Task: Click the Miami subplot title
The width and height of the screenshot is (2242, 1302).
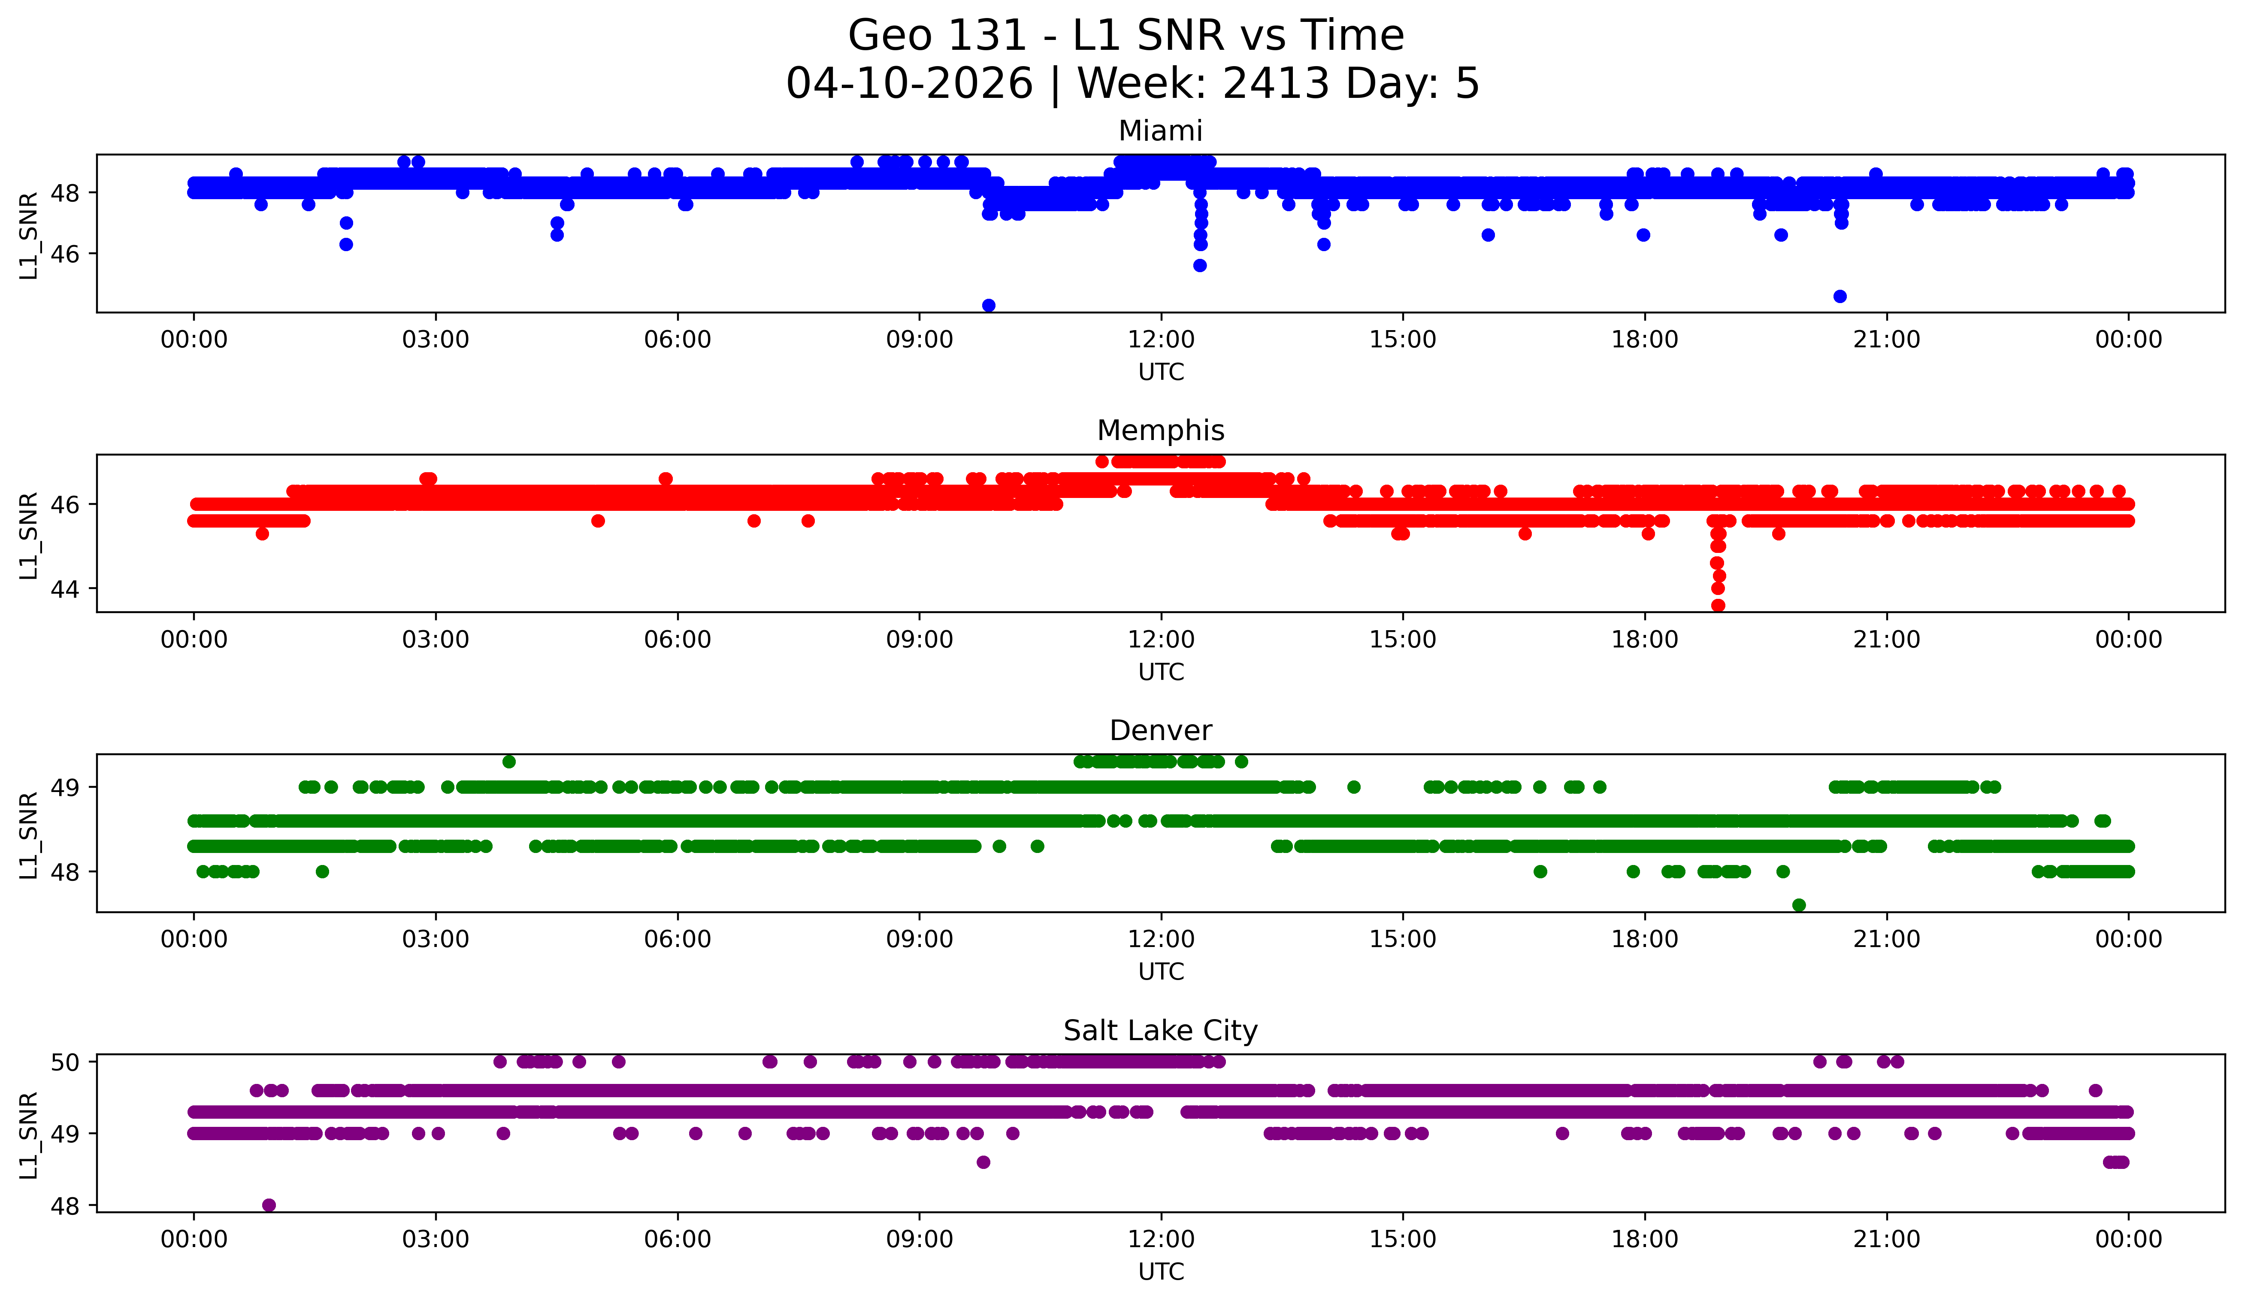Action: [1160, 131]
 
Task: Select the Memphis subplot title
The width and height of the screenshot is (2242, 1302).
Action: [1160, 431]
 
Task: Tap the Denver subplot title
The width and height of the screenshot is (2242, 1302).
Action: [1160, 731]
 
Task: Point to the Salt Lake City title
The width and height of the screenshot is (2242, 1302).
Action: [1160, 1031]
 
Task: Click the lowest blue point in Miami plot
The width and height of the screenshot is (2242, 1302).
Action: [989, 305]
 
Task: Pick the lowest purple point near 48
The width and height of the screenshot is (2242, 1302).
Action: [269, 1205]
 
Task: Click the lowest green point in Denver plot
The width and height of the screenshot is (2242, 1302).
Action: [1799, 905]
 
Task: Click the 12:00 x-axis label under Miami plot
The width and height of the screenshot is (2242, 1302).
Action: [1161, 340]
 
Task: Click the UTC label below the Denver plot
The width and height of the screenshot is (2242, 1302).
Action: [1161, 972]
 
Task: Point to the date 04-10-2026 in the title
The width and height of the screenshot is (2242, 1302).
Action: [909, 84]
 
